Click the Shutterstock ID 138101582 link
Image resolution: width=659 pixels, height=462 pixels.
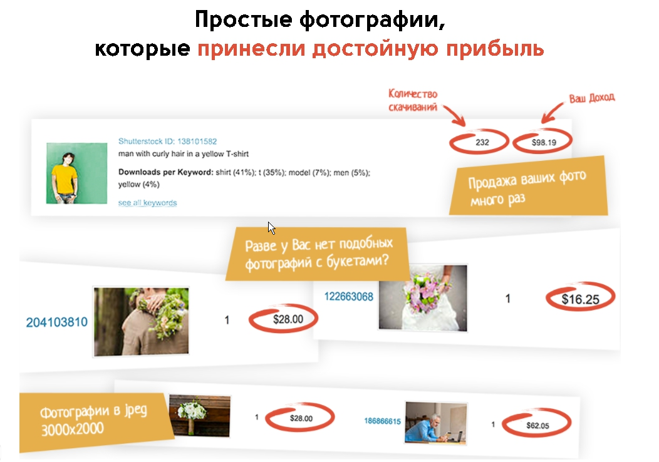point(167,142)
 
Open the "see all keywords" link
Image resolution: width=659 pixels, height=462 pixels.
point(147,203)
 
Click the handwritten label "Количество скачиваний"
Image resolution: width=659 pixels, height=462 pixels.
point(413,100)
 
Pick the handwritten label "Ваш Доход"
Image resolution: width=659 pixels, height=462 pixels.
point(591,98)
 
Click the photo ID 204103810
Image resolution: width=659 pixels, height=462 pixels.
point(56,322)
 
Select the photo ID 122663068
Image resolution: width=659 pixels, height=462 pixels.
point(348,296)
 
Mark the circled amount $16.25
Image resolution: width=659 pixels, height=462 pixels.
point(580,299)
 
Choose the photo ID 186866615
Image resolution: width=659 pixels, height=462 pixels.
point(382,421)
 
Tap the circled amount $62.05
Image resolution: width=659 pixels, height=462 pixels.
point(537,426)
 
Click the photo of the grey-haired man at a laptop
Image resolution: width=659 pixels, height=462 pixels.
point(435,423)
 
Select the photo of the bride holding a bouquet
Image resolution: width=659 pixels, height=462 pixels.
point(423,297)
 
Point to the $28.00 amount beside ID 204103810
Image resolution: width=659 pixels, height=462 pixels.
point(288,319)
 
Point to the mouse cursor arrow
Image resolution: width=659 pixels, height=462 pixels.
point(271,227)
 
